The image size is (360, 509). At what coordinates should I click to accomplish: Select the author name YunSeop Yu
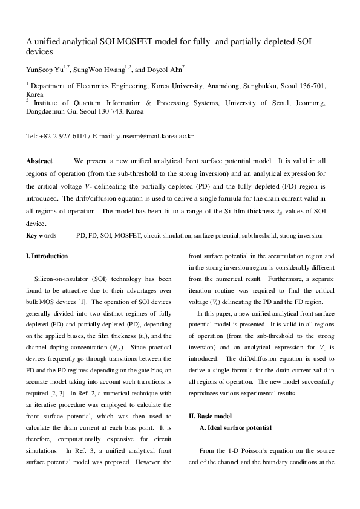pyautogui.click(x=45, y=68)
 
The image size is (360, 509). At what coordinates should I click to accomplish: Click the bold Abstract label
pyautogui.click(x=39, y=161)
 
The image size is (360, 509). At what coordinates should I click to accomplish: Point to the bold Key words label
pyautogui.click(x=41, y=235)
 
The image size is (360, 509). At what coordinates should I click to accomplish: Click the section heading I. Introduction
pyautogui.click(x=47, y=256)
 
